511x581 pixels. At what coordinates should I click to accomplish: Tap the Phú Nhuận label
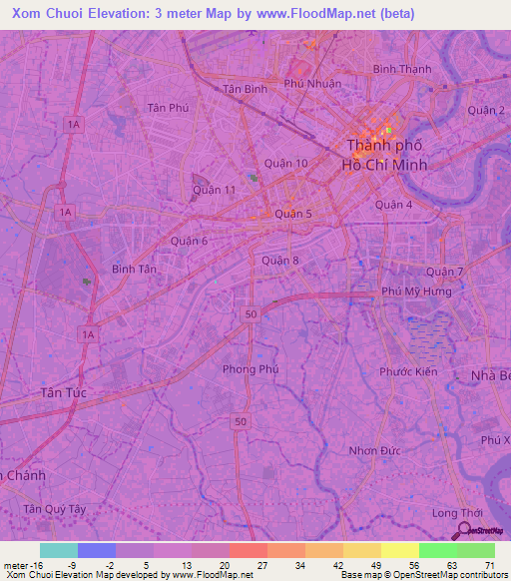[312, 84]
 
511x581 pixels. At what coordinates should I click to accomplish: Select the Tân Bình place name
[245, 88]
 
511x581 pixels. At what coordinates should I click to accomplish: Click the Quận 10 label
[286, 163]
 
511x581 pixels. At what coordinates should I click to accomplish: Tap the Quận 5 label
[293, 214]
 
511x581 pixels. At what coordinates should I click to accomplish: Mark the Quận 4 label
[394, 205]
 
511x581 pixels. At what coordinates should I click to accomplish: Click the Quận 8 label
[280, 261]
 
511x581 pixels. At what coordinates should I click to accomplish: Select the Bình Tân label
[135, 269]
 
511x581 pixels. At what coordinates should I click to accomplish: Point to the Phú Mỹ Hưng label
[416, 291]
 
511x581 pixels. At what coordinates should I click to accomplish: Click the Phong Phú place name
[251, 368]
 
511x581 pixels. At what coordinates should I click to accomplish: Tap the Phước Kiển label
[408, 371]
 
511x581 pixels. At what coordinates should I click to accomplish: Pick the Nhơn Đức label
[376, 450]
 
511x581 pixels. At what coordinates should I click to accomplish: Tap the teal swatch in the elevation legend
[59, 550]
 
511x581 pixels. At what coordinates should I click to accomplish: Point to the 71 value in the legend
[490, 565]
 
